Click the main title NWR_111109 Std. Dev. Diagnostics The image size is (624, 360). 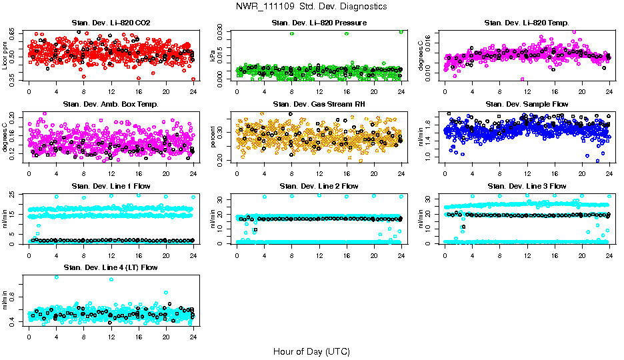(x=311, y=7)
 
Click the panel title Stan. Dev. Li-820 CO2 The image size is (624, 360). (x=111, y=23)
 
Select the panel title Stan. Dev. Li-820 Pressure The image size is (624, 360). (x=319, y=23)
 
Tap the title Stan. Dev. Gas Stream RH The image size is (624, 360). (x=319, y=104)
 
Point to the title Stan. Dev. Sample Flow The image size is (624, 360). (x=527, y=104)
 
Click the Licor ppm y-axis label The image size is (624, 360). (x=5, y=55)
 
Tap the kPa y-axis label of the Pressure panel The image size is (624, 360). (x=213, y=55)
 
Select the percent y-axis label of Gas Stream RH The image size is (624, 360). (x=213, y=137)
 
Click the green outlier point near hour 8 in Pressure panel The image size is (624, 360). (x=291, y=33)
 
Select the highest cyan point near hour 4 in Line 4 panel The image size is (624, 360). (x=56, y=277)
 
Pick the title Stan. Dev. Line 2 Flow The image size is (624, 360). (x=319, y=186)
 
